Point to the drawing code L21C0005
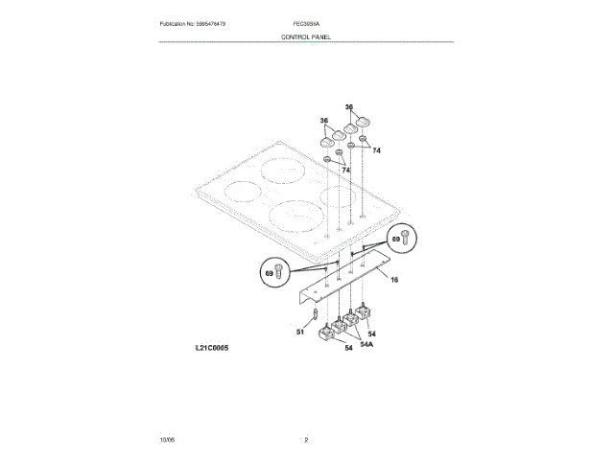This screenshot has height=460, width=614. [x=199, y=348]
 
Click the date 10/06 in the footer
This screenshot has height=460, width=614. [x=167, y=439]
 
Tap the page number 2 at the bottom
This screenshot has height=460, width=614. [x=306, y=439]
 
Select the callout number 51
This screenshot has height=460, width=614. [x=299, y=332]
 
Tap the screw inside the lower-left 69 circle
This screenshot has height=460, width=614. [x=279, y=272]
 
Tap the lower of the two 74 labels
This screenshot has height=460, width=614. [x=345, y=170]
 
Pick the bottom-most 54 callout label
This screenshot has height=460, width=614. [x=348, y=348]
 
